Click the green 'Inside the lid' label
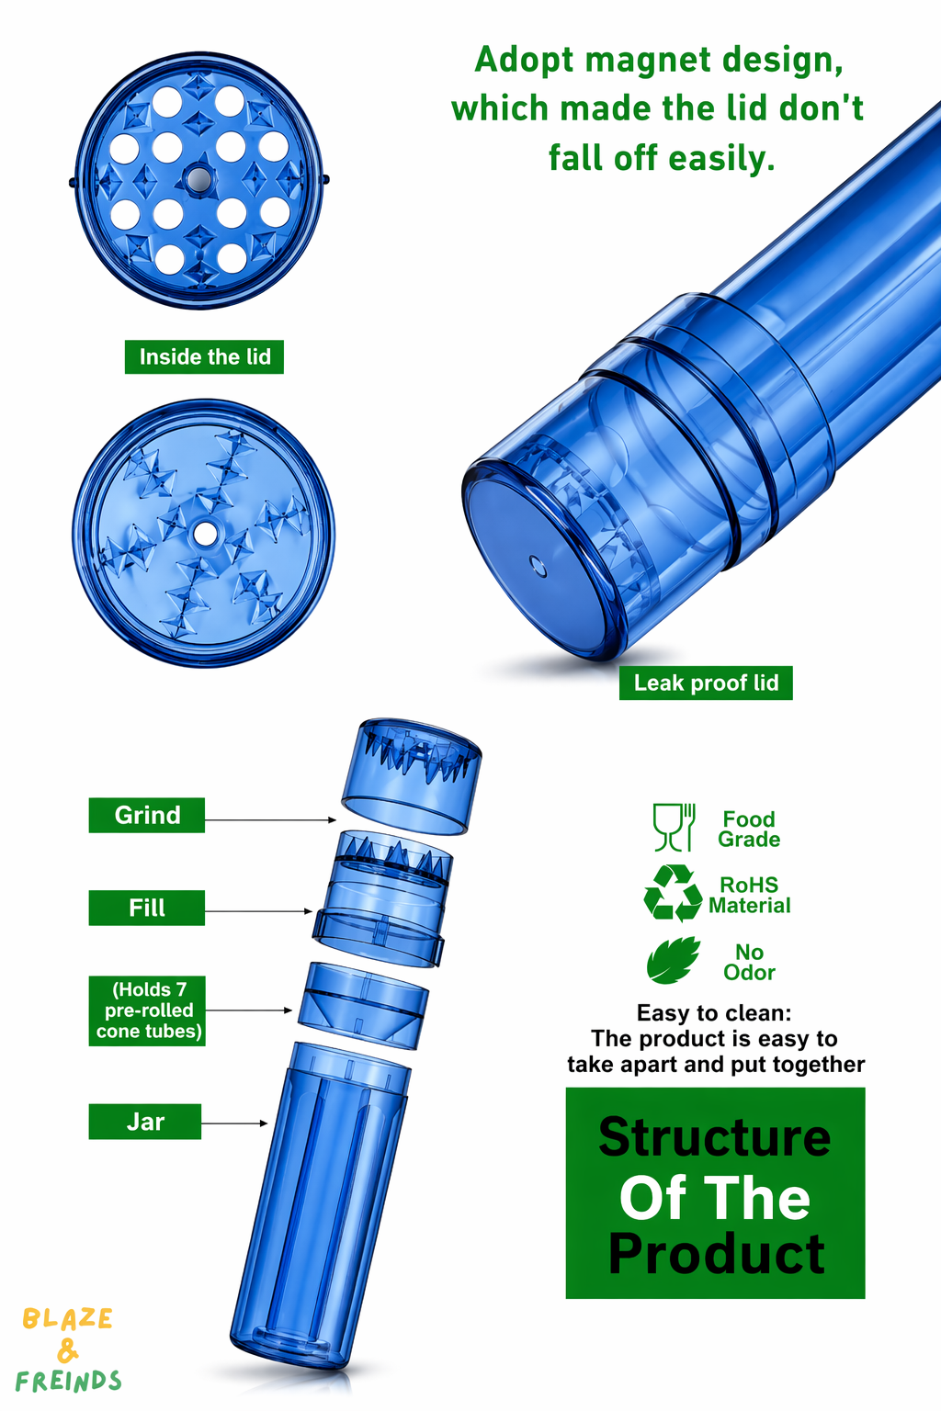click(204, 357)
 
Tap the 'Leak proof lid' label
click(706, 683)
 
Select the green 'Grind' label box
click(147, 815)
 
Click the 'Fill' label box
click(147, 908)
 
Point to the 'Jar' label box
click(145, 1122)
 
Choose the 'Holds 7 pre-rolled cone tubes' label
click(147, 1011)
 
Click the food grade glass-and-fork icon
click(674, 828)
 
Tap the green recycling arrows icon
click(674, 893)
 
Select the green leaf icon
click(674, 960)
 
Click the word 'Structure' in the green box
click(715, 1137)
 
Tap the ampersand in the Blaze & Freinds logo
click(67, 1349)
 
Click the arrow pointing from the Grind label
click(270, 820)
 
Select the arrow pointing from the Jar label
click(234, 1123)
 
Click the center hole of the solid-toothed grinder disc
click(204, 534)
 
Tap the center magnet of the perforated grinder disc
click(198, 179)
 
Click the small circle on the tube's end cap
click(538, 565)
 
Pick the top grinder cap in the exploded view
click(411, 776)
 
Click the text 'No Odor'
click(749, 962)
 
